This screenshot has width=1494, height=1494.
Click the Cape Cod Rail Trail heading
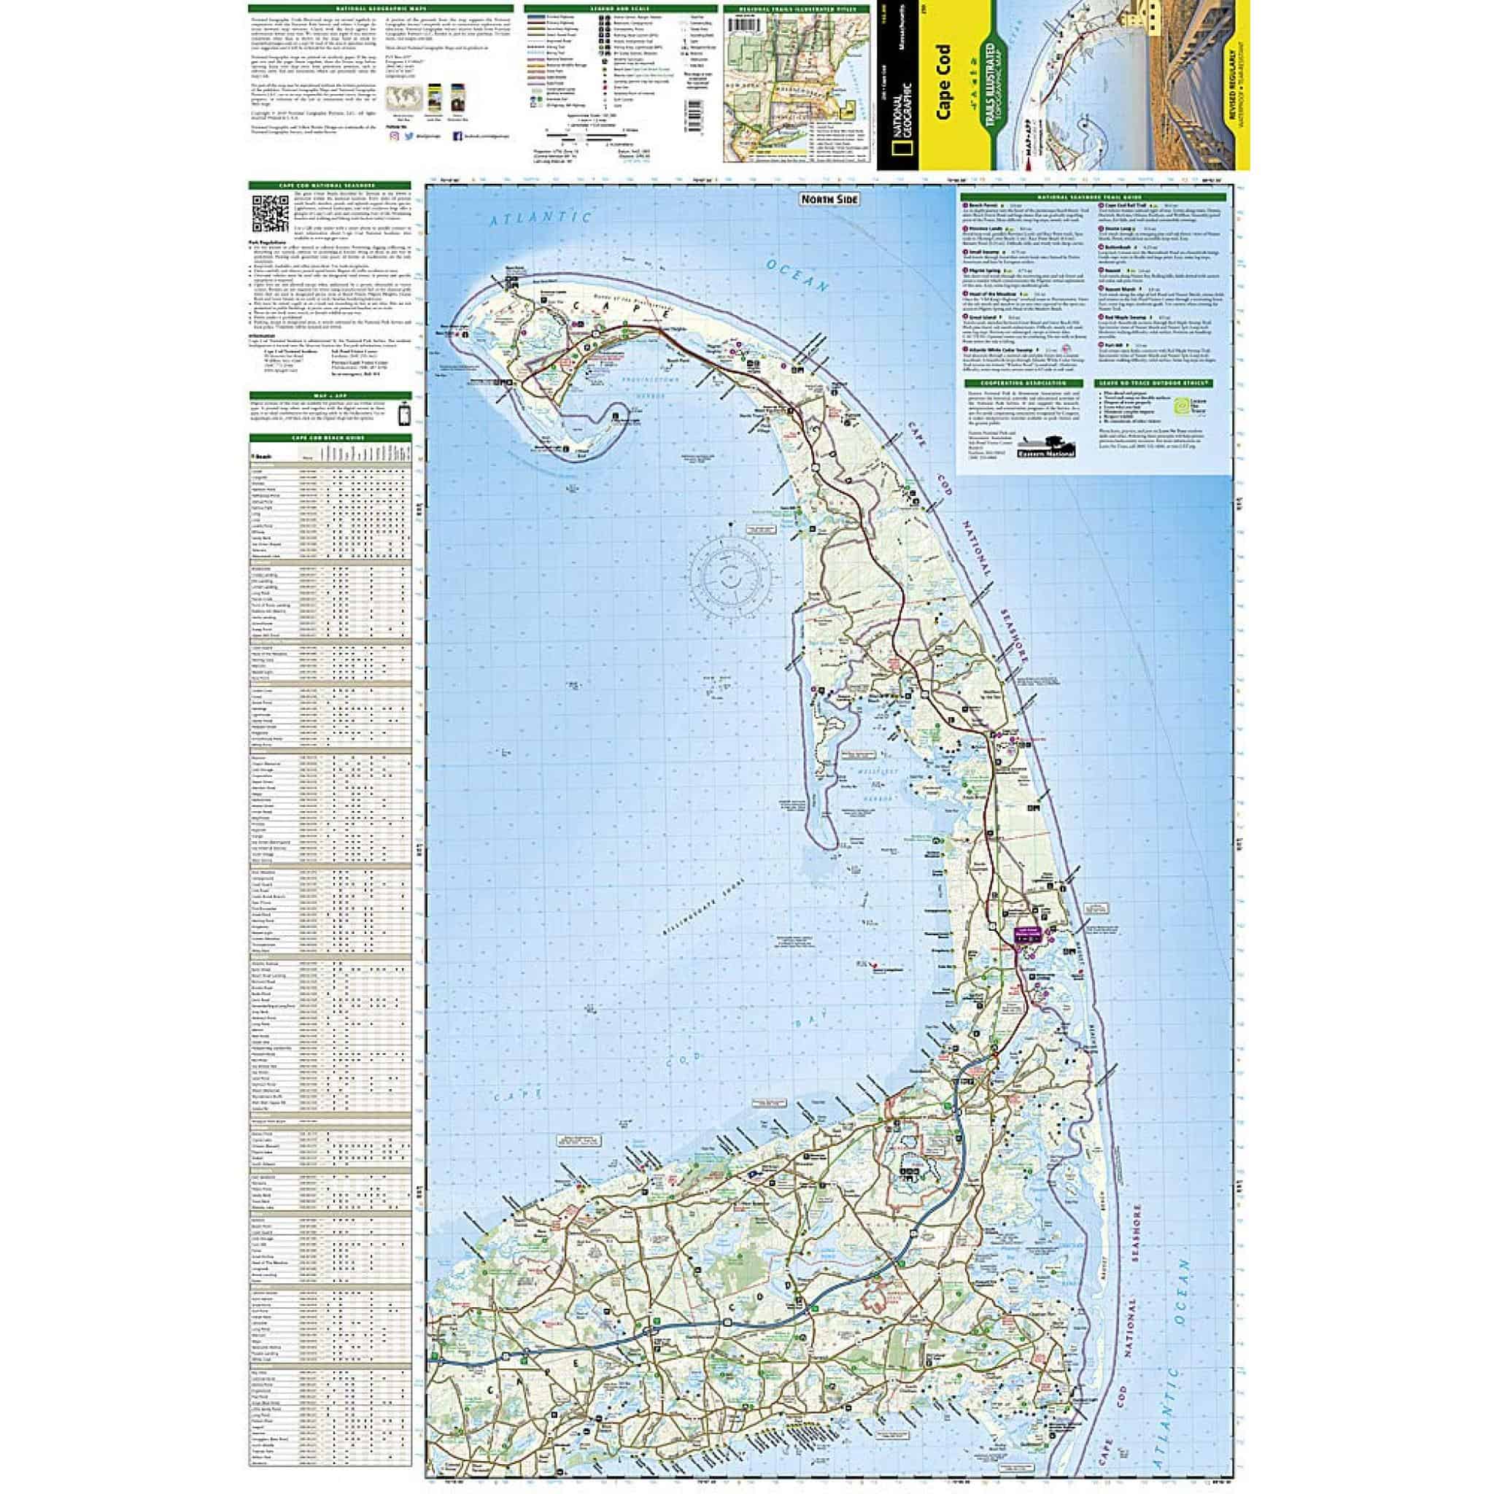[1131, 205]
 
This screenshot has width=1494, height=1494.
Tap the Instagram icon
[395, 136]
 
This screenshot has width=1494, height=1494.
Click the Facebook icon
[457, 136]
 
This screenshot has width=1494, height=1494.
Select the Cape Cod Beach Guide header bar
[330, 438]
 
